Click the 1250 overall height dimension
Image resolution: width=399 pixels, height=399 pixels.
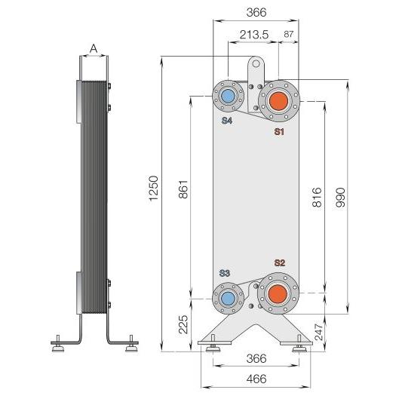pos(154,188)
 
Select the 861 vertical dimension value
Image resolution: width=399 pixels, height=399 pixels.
pos(183,189)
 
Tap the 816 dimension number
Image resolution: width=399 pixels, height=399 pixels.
pos(317,197)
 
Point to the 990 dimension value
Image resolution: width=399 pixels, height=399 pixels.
pos(340,198)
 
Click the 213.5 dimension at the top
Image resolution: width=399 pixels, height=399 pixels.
pos(254,35)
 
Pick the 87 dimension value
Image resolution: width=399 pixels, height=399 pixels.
pos(288,34)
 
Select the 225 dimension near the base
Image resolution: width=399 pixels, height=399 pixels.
pos(183,324)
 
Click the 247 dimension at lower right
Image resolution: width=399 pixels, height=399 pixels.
pos(318,332)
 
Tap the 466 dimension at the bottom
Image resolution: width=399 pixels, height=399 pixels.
pos(256,379)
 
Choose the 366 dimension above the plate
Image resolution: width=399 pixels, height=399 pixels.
pos(256,12)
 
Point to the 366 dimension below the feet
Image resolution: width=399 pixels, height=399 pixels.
pos(256,358)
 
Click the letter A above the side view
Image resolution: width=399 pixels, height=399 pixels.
pos(94,48)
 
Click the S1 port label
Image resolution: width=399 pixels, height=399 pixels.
pos(279,131)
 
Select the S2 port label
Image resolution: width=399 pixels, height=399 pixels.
pos(279,263)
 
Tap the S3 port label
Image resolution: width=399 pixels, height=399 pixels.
pos(225,273)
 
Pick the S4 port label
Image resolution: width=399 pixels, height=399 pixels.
pos(227,121)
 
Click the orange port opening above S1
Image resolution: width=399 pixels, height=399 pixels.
pos(278,101)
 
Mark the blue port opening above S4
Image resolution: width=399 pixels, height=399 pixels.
pos(229,97)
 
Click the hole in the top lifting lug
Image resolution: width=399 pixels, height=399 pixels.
pos(256,63)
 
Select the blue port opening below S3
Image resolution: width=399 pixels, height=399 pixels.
pos(228,298)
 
